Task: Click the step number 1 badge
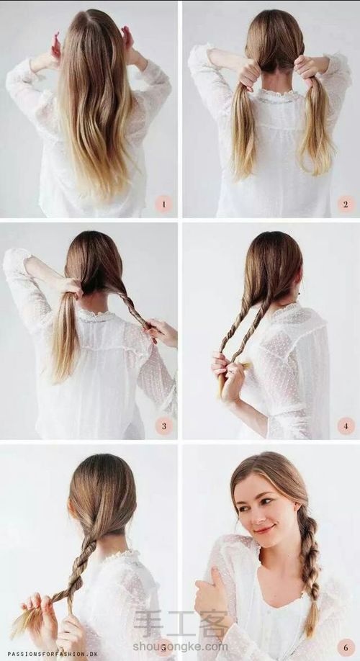pyautogui.click(x=163, y=204)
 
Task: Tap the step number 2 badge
pyautogui.click(x=346, y=204)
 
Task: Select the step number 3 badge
pyautogui.click(x=164, y=426)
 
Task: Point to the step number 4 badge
pyautogui.click(x=346, y=426)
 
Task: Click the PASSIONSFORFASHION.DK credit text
pyautogui.click(x=53, y=654)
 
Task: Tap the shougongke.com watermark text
pyautogui.click(x=181, y=647)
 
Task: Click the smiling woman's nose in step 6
pyautogui.click(x=253, y=515)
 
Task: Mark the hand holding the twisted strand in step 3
pyautogui.click(x=161, y=331)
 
